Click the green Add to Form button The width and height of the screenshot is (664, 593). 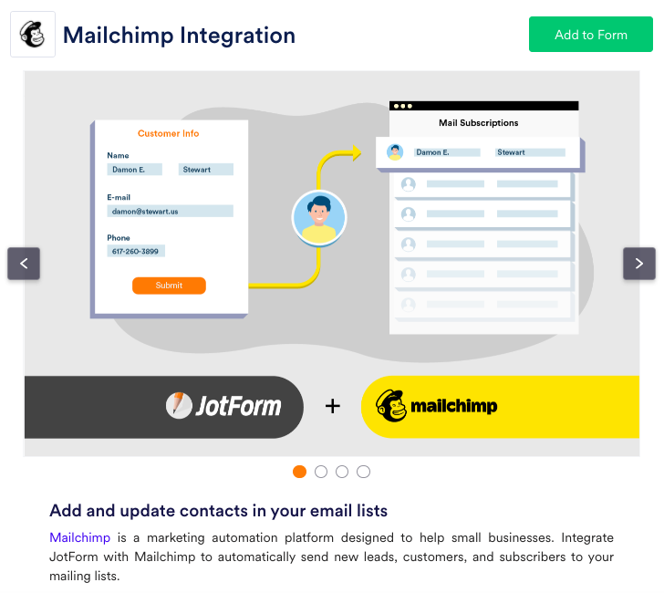coord(590,35)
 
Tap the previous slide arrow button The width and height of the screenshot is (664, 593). coord(24,264)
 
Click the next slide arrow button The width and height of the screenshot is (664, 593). coord(639,264)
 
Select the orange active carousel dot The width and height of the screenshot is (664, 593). coord(299,472)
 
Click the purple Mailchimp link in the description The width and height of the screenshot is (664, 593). coord(80,536)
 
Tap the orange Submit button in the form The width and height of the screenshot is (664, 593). coord(169,286)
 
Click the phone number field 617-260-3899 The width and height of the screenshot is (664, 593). coord(135,251)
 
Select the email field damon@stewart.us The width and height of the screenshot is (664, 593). coord(170,211)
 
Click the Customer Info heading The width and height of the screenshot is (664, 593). coord(168,133)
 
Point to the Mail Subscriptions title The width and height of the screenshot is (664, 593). coord(478,122)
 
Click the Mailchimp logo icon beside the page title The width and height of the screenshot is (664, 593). coord(33,35)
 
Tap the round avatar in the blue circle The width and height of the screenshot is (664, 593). coord(319,218)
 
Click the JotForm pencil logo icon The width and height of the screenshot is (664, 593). coord(179,405)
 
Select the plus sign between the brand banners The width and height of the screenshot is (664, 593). coord(332,406)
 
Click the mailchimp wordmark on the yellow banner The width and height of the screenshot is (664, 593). coord(453,406)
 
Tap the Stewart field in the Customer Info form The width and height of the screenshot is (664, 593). coord(205,170)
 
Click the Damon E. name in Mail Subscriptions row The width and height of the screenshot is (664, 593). coord(432,152)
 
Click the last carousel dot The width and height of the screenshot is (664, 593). coord(363,472)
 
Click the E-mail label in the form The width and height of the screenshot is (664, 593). coord(119,197)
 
